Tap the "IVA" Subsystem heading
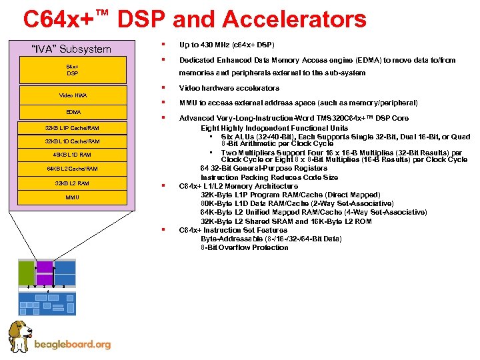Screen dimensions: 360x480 pyautogui.click(x=72, y=49)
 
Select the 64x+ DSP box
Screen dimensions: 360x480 pyautogui.click(x=72, y=69)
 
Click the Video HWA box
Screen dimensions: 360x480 pyautogui.click(x=72, y=95)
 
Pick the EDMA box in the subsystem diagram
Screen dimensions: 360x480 pyautogui.click(x=72, y=112)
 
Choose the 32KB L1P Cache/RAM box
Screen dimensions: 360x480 pyautogui.click(x=72, y=127)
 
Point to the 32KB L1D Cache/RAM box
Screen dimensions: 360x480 pyautogui.click(x=72, y=141)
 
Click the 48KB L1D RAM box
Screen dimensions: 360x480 pyautogui.click(x=72, y=155)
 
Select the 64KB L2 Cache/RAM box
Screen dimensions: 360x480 pyautogui.click(x=72, y=169)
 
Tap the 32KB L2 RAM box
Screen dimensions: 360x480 pyautogui.click(x=72, y=183)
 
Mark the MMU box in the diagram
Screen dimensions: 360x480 pyautogui.click(x=72, y=197)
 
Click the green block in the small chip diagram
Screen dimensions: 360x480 pyautogui.click(x=25, y=273)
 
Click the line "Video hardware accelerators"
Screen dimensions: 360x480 pyautogui.click(x=229, y=88)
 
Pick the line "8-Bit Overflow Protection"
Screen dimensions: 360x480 pyautogui.click(x=245, y=247)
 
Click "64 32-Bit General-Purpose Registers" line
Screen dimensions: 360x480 pyautogui.click(x=264, y=169)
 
